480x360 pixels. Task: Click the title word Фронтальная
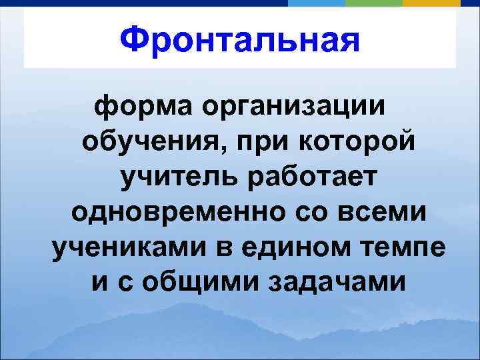[x=239, y=39]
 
